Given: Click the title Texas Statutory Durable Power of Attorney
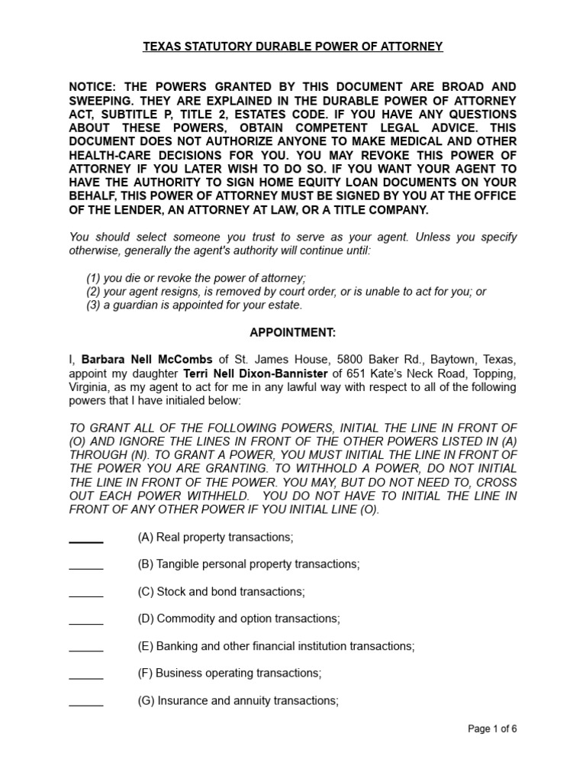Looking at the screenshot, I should coord(293,47).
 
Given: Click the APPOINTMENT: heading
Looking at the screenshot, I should coord(292,332).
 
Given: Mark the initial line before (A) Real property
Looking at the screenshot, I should coord(86,539).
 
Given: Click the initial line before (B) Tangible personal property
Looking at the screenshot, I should coord(86,567).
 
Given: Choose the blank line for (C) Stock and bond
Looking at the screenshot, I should coord(86,594).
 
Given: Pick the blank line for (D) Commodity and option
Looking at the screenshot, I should coord(86,621).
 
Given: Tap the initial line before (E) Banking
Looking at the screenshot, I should coord(86,648).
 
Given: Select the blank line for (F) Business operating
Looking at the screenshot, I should coord(86,676).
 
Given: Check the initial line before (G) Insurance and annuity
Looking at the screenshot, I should coord(86,703).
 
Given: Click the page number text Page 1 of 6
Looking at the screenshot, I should coord(492,729).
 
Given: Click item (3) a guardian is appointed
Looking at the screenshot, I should coord(195,305).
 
